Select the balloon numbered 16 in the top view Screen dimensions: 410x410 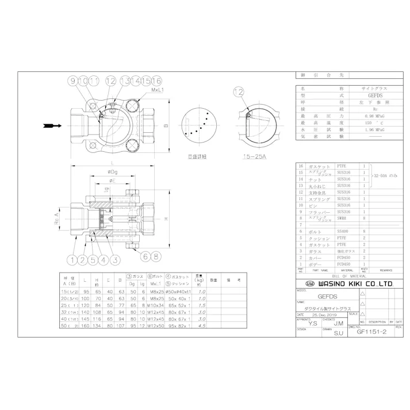[x=158, y=81]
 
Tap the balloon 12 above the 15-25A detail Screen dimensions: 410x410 [x=239, y=91]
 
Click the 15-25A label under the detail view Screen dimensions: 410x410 [x=254, y=156]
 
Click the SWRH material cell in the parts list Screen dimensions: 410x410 [x=344, y=217]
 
